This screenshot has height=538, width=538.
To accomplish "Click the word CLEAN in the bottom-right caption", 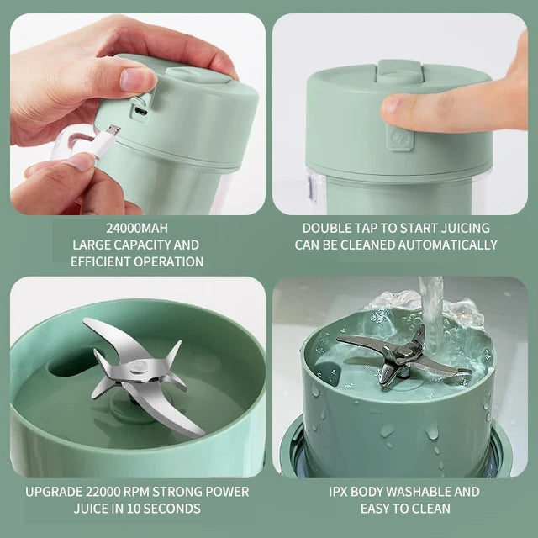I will [x=433, y=509].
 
